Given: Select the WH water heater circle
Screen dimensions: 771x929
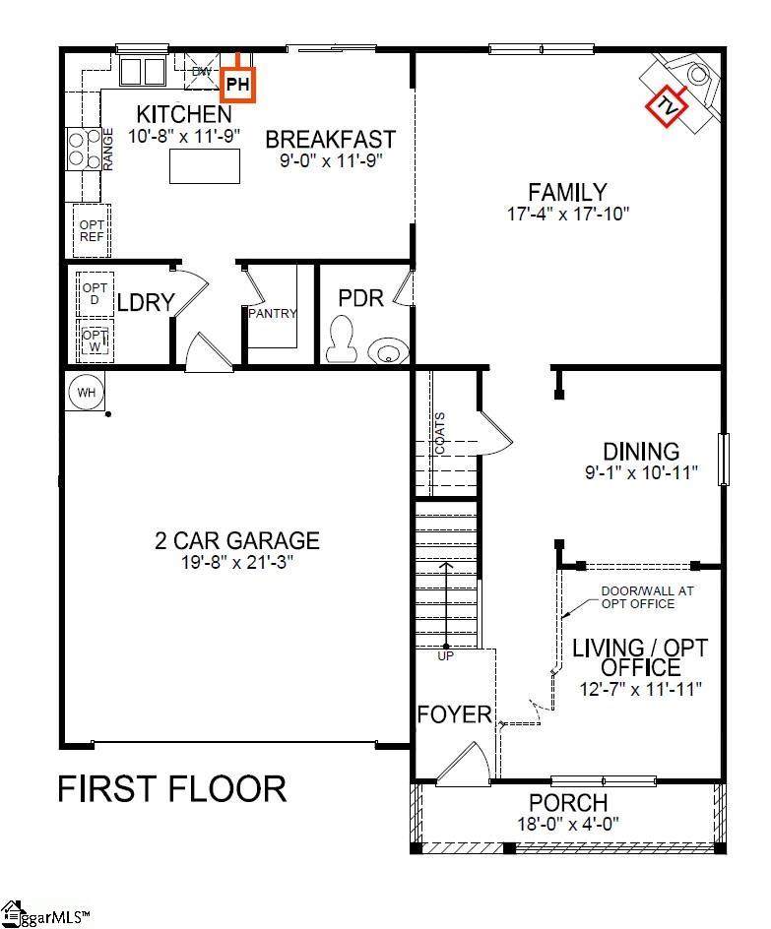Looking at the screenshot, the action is (86, 393).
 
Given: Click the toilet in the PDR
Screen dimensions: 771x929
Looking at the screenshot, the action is (342, 339).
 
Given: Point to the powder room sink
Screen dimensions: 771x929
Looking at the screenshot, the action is (388, 350).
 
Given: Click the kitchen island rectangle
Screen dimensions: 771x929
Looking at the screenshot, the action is (205, 166).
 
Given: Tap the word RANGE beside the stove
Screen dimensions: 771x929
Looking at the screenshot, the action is (108, 150).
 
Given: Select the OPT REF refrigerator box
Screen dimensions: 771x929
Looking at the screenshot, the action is (92, 230).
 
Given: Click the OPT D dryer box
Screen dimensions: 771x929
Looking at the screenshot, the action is (95, 294).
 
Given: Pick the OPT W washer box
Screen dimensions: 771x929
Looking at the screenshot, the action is (95, 341).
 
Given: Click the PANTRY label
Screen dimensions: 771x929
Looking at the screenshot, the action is (273, 313).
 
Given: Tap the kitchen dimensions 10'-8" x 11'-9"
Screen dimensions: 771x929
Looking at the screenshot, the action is (184, 136).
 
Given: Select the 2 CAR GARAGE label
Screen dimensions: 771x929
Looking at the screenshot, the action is (237, 540).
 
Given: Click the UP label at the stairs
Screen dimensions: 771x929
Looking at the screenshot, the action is (446, 656).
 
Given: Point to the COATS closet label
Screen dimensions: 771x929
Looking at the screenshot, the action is (440, 433).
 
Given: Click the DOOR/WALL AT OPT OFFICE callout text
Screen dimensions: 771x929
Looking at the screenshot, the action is (647, 597).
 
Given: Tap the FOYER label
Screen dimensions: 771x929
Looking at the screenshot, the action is (455, 714).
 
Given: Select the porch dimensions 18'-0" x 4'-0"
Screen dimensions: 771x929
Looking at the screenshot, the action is (568, 824).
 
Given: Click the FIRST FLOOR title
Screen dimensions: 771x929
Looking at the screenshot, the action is (172, 789).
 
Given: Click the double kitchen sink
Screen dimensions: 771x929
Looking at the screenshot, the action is (143, 72).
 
